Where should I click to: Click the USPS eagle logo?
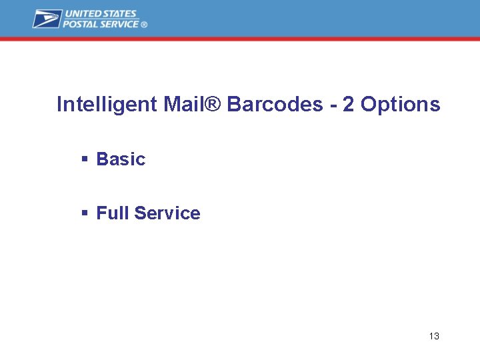[x=47, y=19]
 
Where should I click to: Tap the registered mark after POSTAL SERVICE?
[x=144, y=25]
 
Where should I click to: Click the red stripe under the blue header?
[x=240, y=39]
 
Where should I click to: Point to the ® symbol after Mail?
[x=213, y=105]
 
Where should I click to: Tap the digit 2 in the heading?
[x=348, y=105]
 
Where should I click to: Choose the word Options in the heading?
[x=400, y=105]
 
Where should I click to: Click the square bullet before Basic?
[x=85, y=159]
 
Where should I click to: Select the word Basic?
[x=121, y=159]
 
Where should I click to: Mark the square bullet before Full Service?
[x=85, y=213]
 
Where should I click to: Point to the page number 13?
[x=434, y=336]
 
